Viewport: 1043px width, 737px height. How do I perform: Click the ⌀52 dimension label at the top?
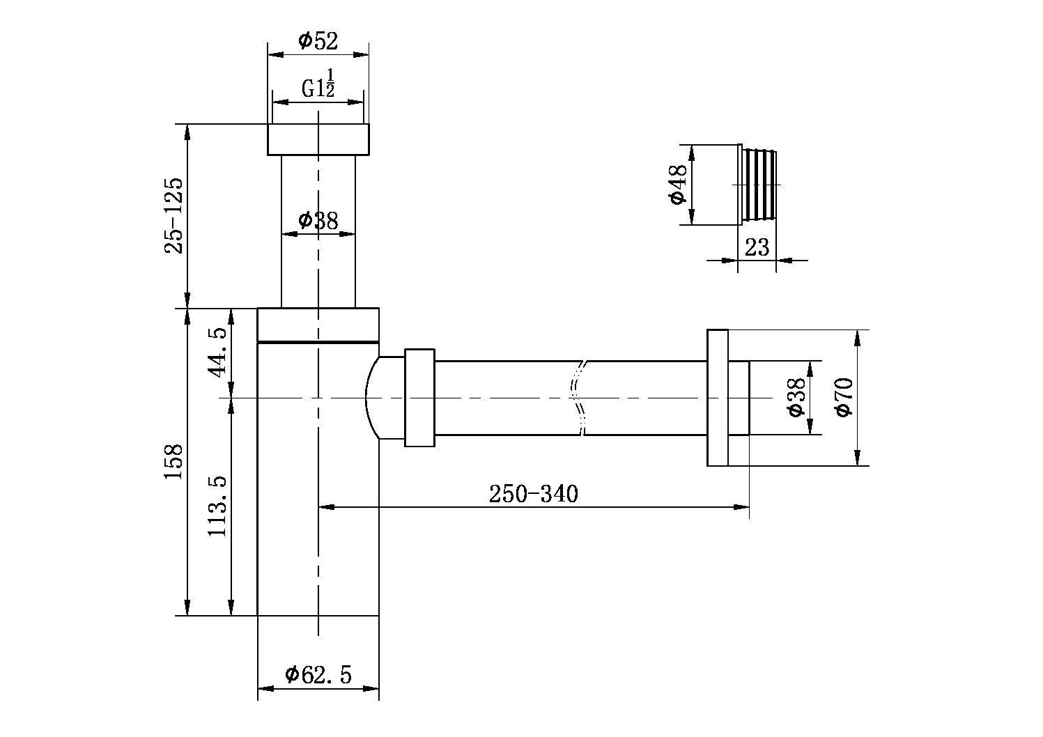click(318, 41)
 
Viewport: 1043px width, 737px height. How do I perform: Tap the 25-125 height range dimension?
click(173, 216)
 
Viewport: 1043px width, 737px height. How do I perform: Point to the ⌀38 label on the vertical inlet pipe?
click(318, 221)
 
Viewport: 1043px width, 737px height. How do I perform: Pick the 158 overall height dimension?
click(173, 461)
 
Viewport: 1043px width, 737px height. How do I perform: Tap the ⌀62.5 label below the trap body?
click(318, 674)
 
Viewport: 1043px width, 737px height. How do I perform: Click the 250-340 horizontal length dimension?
click(533, 494)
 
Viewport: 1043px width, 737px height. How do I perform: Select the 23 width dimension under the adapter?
click(757, 247)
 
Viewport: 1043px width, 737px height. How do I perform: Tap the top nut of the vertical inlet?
click(318, 139)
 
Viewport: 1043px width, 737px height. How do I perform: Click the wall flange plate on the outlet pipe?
click(718, 397)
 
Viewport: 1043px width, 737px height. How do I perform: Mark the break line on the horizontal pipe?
click(578, 398)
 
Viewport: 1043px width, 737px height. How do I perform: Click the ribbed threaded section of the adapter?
click(759, 185)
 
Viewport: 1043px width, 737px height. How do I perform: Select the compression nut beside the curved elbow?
click(419, 398)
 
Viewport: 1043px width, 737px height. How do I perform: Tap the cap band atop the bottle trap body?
click(318, 325)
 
